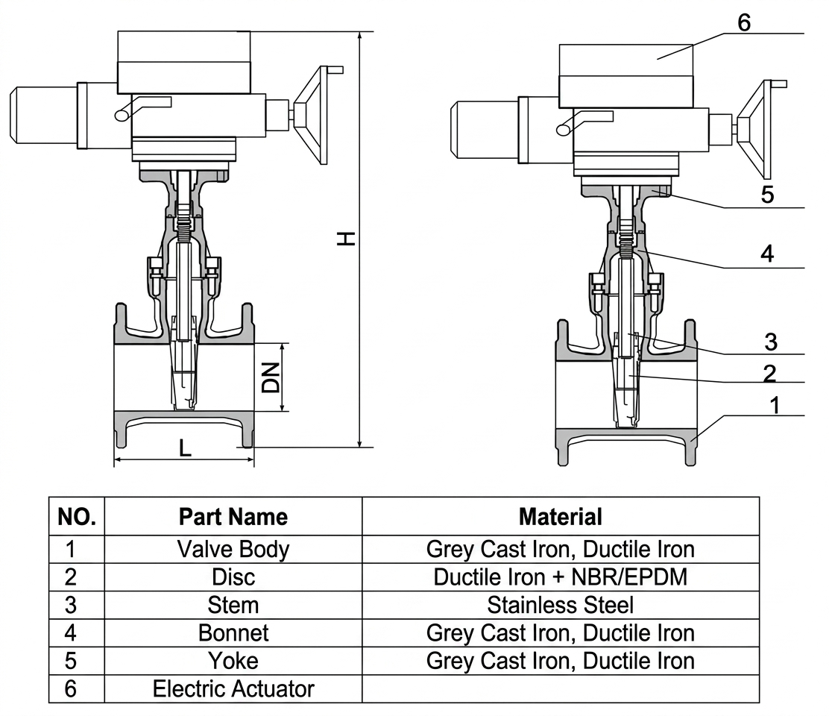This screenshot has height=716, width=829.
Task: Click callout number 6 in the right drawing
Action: click(x=744, y=22)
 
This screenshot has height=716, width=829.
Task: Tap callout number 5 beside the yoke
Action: click(x=767, y=195)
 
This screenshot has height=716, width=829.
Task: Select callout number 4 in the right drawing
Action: click(x=767, y=254)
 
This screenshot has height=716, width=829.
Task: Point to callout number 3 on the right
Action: click(x=771, y=342)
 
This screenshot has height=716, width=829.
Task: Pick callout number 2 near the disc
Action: click(x=770, y=374)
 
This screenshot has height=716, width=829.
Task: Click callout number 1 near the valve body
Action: click(x=775, y=406)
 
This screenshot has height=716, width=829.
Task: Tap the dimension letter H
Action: click(x=347, y=239)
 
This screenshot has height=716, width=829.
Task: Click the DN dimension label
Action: click(x=271, y=377)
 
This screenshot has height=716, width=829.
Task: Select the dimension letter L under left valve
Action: click(x=185, y=448)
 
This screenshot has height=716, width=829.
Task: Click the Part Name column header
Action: click(x=233, y=517)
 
